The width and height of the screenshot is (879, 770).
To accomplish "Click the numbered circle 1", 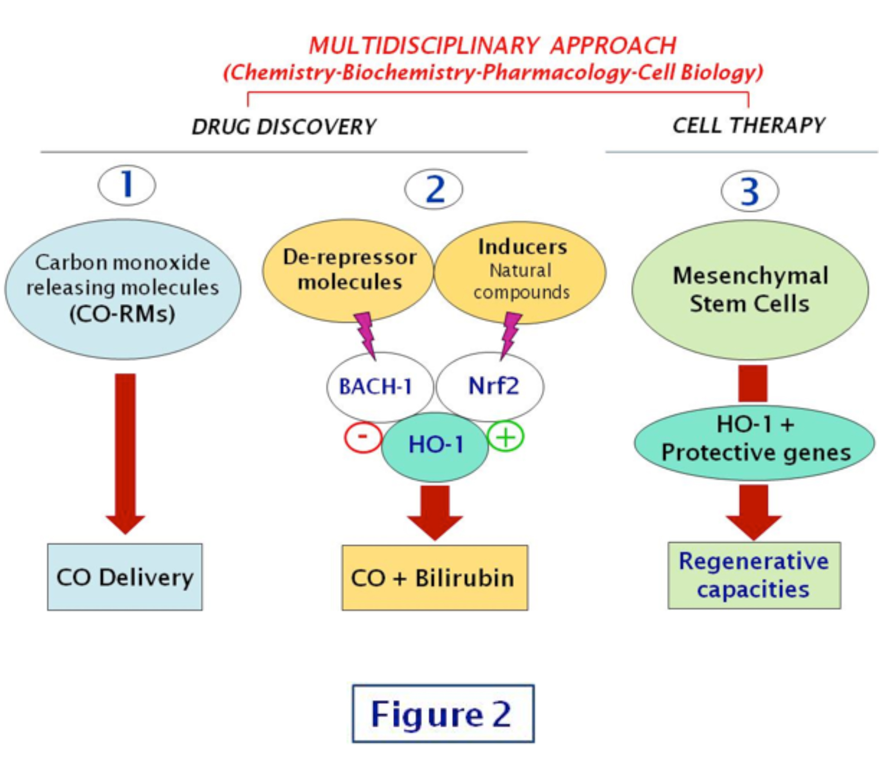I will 127,185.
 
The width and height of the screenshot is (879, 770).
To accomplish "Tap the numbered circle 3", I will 750,191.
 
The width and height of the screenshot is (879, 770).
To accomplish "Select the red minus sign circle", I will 363,438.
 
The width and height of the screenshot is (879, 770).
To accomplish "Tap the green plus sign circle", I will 506,437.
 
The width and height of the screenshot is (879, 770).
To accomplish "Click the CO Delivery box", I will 125,577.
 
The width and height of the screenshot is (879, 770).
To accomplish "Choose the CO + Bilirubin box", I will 435,577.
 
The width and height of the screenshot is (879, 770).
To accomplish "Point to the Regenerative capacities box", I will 754,575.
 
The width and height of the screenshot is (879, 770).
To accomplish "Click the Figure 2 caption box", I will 443,714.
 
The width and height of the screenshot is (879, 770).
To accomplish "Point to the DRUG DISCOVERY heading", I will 284,127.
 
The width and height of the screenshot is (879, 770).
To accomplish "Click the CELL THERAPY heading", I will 748,126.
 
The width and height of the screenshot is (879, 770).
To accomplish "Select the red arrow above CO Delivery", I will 126,451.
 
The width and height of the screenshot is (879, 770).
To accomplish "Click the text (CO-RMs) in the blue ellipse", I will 122,314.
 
